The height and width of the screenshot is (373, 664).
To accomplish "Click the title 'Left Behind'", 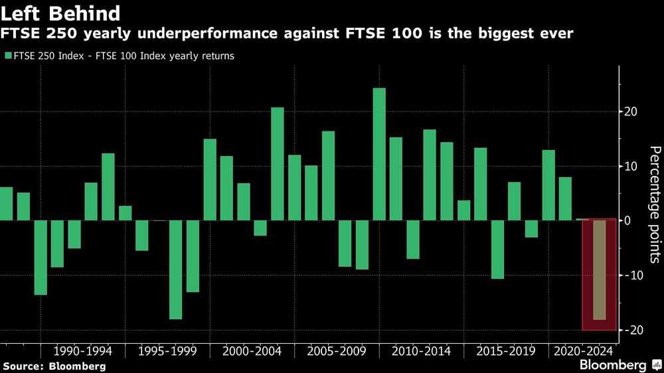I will pyautogui.click(x=61, y=13).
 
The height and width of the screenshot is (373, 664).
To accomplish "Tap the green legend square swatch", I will pyautogui.click(x=7, y=56).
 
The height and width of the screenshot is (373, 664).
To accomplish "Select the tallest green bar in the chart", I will pyautogui.click(x=379, y=154).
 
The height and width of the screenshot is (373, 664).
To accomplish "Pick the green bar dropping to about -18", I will pyautogui.click(x=175, y=269).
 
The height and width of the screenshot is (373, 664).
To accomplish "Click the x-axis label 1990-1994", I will pyautogui.click(x=83, y=350).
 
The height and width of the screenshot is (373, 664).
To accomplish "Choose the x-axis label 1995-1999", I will pyautogui.click(x=167, y=350).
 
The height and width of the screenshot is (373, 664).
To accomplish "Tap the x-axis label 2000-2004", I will pyautogui.click(x=252, y=350).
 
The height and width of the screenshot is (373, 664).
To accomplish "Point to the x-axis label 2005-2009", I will pyautogui.click(x=337, y=350).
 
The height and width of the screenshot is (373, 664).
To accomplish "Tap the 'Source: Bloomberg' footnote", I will pyautogui.click(x=54, y=366).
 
